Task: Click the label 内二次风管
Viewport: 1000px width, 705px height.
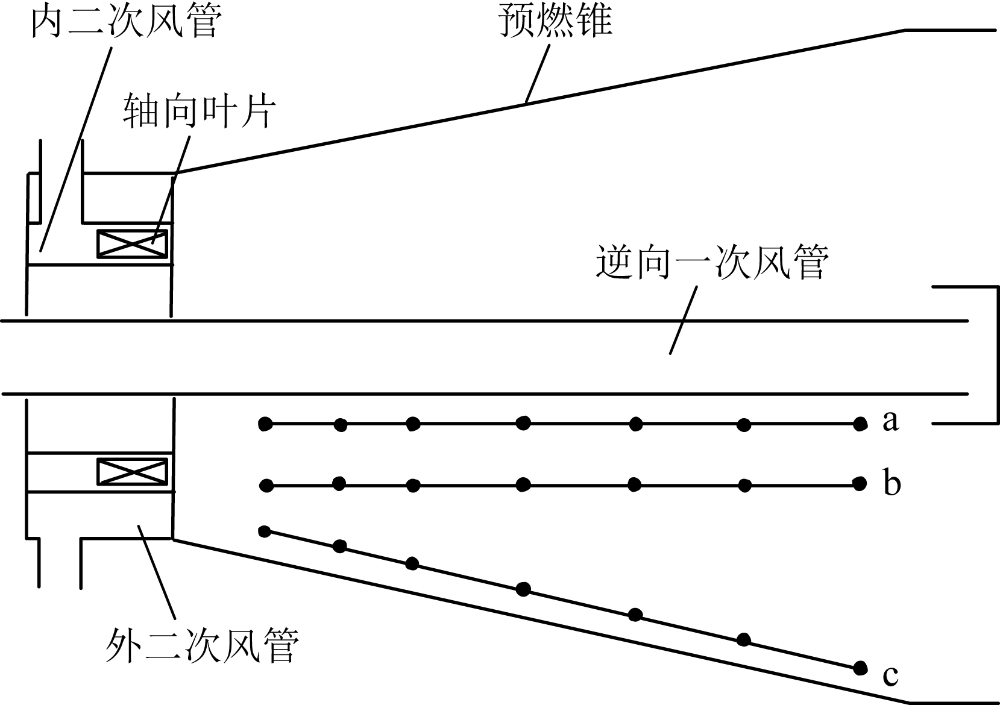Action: (x=127, y=22)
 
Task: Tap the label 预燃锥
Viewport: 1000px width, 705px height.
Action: (x=555, y=22)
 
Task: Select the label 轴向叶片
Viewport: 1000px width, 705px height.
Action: (x=200, y=112)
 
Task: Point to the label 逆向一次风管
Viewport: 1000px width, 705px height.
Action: (x=712, y=262)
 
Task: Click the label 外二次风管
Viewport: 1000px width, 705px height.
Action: (x=202, y=645)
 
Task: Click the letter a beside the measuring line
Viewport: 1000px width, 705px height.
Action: (x=890, y=421)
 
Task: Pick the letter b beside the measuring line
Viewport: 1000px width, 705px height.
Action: (x=892, y=483)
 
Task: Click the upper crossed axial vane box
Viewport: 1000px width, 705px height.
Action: (x=133, y=243)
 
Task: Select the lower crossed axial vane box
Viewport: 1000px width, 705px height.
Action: (x=133, y=471)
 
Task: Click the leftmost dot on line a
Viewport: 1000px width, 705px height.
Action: (x=265, y=424)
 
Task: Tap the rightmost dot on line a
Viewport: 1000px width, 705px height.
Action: (x=860, y=424)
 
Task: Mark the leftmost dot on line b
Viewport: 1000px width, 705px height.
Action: (x=266, y=485)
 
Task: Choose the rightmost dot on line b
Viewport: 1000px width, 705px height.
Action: (x=859, y=483)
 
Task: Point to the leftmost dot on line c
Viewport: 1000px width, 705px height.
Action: (x=264, y=531)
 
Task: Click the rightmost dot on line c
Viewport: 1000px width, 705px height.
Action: (x=860, y=668)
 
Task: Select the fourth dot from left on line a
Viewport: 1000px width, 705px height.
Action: (x=523, y=423)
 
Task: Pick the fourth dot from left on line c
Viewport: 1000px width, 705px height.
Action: (x=524, y=589)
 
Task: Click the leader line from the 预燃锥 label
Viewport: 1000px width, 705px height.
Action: (x=538, y=72)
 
